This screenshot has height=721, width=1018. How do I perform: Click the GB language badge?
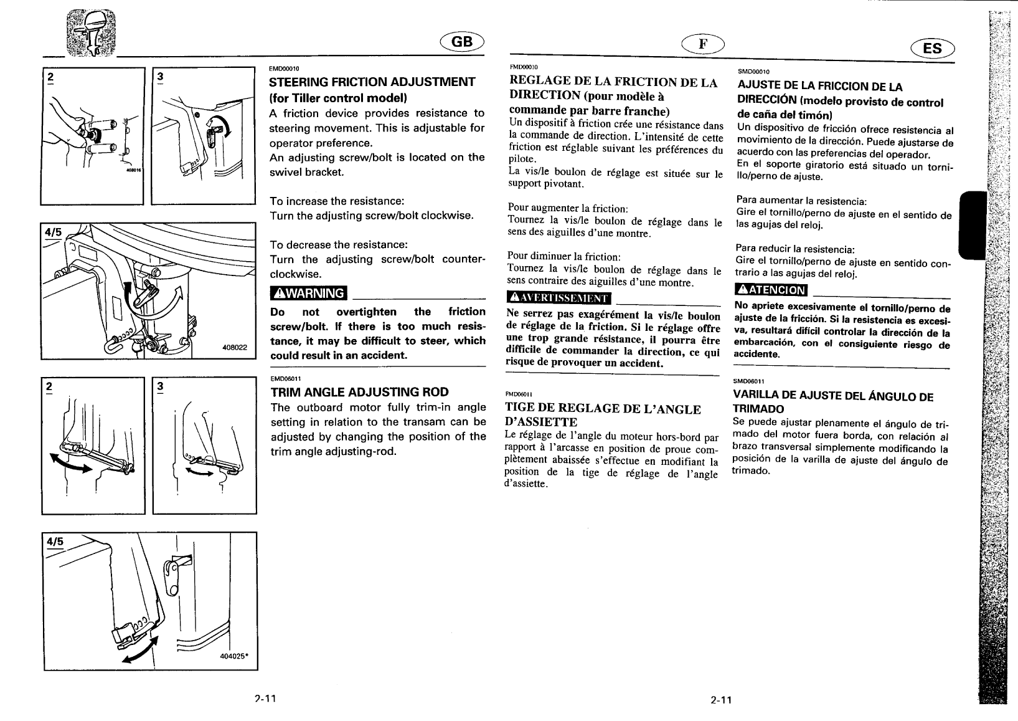click(x=462, y=41)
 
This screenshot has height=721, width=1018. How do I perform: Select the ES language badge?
click(x=932, y=47)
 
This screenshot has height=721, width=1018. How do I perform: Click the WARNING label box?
click(x=308, y=293)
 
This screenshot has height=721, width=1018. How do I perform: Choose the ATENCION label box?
click(x=771, y=290)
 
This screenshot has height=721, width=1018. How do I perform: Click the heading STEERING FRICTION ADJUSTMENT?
click(x=372, y=82)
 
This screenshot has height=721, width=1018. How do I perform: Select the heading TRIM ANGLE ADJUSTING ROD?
click(x=359, y=393)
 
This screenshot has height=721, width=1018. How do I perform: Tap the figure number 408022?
click(x=235, y=348)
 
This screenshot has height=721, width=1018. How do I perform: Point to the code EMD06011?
click(x=285, y=378)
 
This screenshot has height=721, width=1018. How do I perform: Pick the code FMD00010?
click(x=523, y=67)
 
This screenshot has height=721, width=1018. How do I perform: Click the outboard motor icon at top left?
click(x=90, y=34)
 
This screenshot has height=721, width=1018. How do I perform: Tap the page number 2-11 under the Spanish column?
click(x=721, y=700)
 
